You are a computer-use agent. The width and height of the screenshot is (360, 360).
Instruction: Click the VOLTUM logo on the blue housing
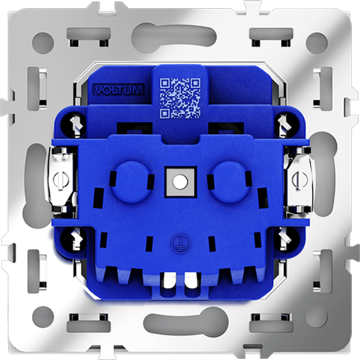pyautogui.click(x=119, y=90)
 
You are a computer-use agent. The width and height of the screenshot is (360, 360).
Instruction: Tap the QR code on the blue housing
pyautogui.click(x=180, y=98)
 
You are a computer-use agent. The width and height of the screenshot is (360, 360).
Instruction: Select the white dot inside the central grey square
pyautogui.click(x=180, y=182)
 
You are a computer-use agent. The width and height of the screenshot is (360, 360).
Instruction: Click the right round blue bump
pyautogui.click(x=229, y=181)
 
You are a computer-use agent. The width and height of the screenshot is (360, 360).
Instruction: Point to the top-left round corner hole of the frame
pyautogui.click(x=43, y=43)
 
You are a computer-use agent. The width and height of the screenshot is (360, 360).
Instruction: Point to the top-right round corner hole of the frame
pyautogui.click(x=317, y=43)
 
